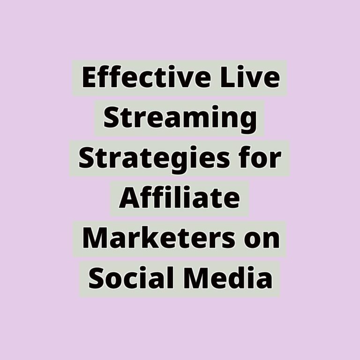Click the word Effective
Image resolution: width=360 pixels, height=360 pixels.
pyautogui.click(x=146, y=77)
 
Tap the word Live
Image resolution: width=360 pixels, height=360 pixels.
pyautogui.click(x=250, y=77)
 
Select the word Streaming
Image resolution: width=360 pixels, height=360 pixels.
pyautogui.click(x=180, y=118)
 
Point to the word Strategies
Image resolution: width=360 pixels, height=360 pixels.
pyautogui.click(x=154, y=158)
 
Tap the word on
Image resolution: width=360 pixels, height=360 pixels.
pyautogui.click(x=262, y=240)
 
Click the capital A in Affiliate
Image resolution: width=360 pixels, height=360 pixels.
pyautogui.click(x=129, y=198)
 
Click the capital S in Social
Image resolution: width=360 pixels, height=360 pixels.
pyautogui.click(x=96, y=278)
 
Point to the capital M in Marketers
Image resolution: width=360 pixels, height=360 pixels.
pyautogui.click(x=96, y=238)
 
